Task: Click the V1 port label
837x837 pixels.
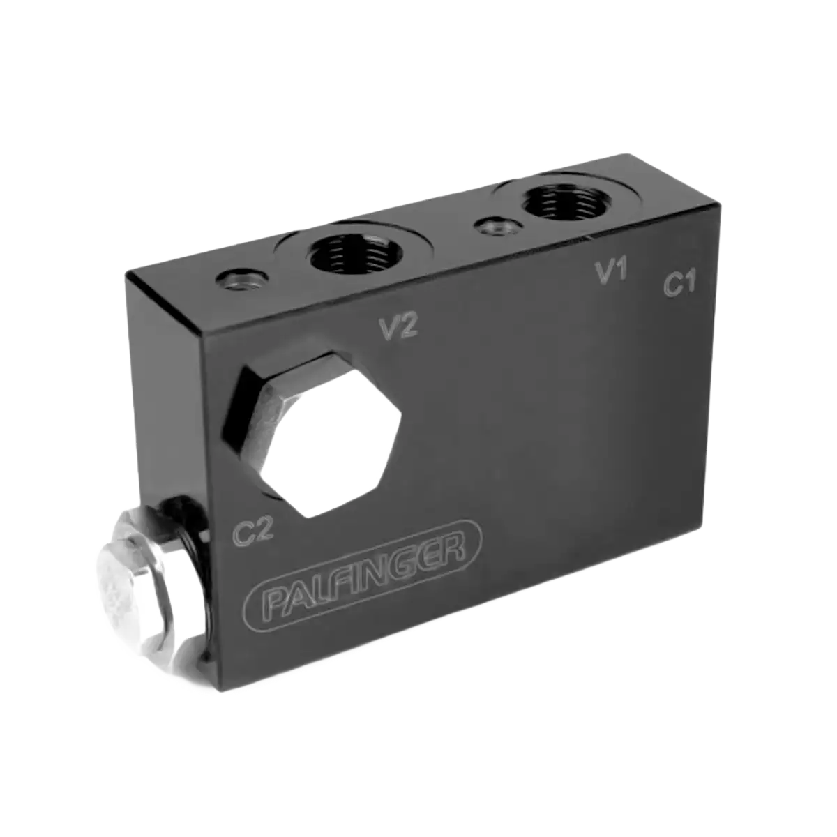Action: point(612,272)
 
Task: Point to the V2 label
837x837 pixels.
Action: point(399,328)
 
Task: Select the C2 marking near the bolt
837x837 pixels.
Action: point(253,531)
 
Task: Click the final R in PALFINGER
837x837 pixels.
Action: point(452,551)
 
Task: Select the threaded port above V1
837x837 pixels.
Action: point(566,201)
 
